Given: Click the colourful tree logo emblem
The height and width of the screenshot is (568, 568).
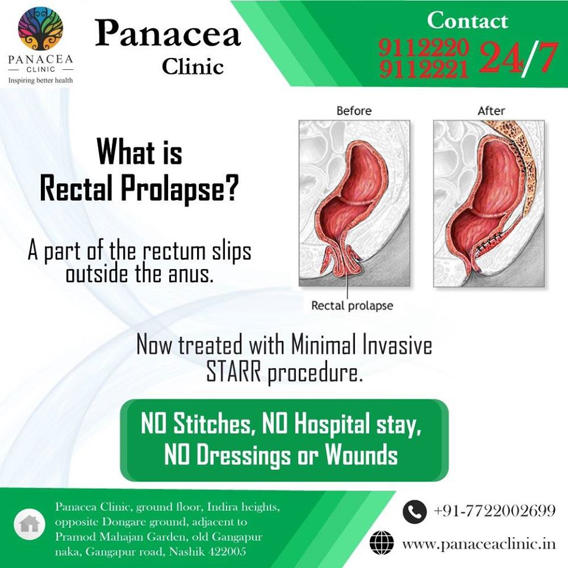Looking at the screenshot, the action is (41, 28).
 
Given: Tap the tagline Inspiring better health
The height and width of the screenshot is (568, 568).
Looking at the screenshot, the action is (41, 80).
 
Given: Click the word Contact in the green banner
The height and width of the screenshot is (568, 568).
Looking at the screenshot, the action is (467, 20).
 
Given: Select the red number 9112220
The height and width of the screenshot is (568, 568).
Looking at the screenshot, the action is (424, 47).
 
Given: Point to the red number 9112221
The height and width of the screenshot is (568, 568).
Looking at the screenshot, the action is (424, 69).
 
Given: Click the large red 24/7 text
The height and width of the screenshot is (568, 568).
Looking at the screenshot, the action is (518, 58).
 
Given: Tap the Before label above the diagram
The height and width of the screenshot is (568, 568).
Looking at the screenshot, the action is (354, 111).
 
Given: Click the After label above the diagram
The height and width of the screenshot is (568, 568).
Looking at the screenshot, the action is (491, 111).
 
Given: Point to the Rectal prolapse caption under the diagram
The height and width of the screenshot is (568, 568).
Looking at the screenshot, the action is (352, 306).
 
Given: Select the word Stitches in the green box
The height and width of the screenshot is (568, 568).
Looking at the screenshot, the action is (212, 423).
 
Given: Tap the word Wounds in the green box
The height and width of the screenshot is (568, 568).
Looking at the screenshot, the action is (361, 454).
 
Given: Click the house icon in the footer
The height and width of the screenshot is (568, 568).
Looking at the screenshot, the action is (30, 524).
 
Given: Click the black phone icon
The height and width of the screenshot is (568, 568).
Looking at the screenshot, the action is (414, 511).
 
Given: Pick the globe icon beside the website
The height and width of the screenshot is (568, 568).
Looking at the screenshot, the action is (382, 543).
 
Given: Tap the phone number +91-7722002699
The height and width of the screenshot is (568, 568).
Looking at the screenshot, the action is (494, 511).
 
